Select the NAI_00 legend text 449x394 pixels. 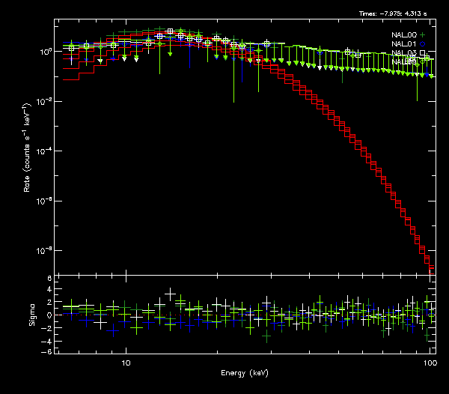(403, 35)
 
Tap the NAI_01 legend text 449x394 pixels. (403, 43)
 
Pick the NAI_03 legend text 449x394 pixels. (403, 52)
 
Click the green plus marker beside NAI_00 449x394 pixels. (423, 35)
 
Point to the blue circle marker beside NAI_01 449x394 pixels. (423, 43)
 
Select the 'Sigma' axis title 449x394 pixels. (31, 315)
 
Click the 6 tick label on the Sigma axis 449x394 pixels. (49, 279)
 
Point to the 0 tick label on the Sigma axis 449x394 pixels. (49, 315)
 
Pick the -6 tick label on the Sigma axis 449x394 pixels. (48, 351)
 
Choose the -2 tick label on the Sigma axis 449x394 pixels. (48, 327)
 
